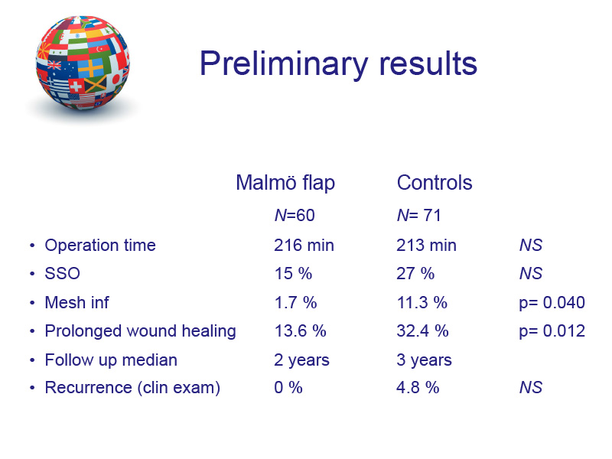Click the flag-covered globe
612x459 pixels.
(83, 63)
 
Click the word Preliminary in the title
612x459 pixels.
(284, 64)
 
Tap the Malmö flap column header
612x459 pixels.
(285, 183)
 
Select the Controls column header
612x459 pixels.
(435, 183)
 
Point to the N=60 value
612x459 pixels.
(295, 216)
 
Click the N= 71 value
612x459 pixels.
(418, 216)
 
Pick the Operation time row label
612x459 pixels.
(100, 246)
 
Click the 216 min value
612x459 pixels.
(304, 246)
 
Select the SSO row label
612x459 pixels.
(63, 274)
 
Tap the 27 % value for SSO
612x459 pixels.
(415, 274)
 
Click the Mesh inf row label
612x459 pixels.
(77, 302)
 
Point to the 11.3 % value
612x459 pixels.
(422, 302)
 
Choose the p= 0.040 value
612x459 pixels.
(552, 302)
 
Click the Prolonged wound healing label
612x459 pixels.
(141, 331)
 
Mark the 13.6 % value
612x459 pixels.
(300, 331)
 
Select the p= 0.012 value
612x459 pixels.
(552, 331)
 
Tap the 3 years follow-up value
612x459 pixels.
(424, 360)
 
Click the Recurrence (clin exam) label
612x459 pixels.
(132, 388)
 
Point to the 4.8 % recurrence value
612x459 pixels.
(418, 388)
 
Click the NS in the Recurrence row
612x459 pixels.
(530, 388)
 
